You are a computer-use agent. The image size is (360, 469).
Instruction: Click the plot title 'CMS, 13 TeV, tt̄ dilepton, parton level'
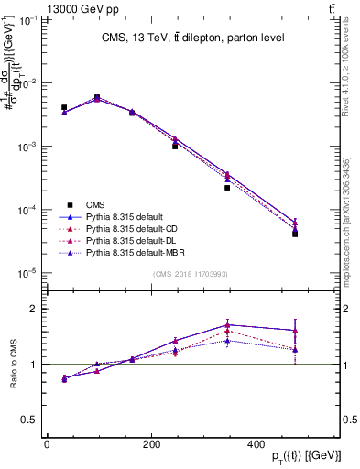(x=192, y=38)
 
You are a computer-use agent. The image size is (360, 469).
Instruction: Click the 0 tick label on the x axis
(x=47, y=444)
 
